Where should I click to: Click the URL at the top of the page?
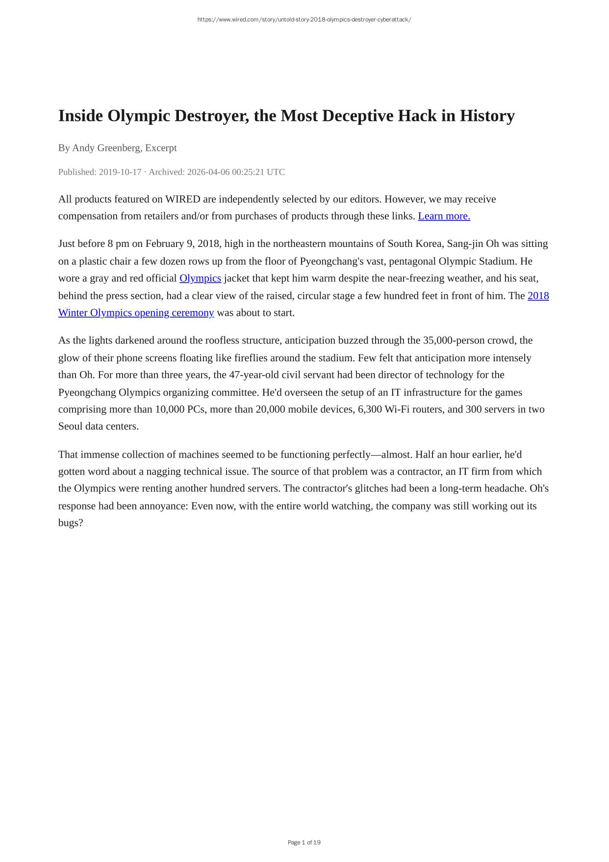coord(304,20)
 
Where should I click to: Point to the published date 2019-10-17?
coord(120,172)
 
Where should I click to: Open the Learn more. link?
coord(444,216)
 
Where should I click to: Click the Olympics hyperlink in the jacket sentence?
coord(200,278)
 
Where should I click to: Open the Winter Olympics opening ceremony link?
coord(136,313)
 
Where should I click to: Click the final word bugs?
coord(71,523)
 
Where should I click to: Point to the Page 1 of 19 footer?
coord(304,842)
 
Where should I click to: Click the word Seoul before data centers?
coord(71,426)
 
